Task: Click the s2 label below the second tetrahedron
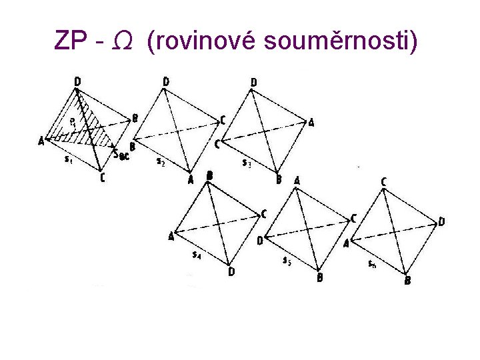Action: [161, 161]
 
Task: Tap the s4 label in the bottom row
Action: [197, 254]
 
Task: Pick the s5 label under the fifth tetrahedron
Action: [286, 260]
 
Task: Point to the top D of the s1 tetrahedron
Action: [78, 82]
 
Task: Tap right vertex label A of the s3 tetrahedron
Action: [311, 122]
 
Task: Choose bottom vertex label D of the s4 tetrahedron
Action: [231, 271]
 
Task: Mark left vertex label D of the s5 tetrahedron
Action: [260, 239]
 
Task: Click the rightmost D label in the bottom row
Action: [441, 222]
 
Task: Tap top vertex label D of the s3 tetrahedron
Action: [253, 83]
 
